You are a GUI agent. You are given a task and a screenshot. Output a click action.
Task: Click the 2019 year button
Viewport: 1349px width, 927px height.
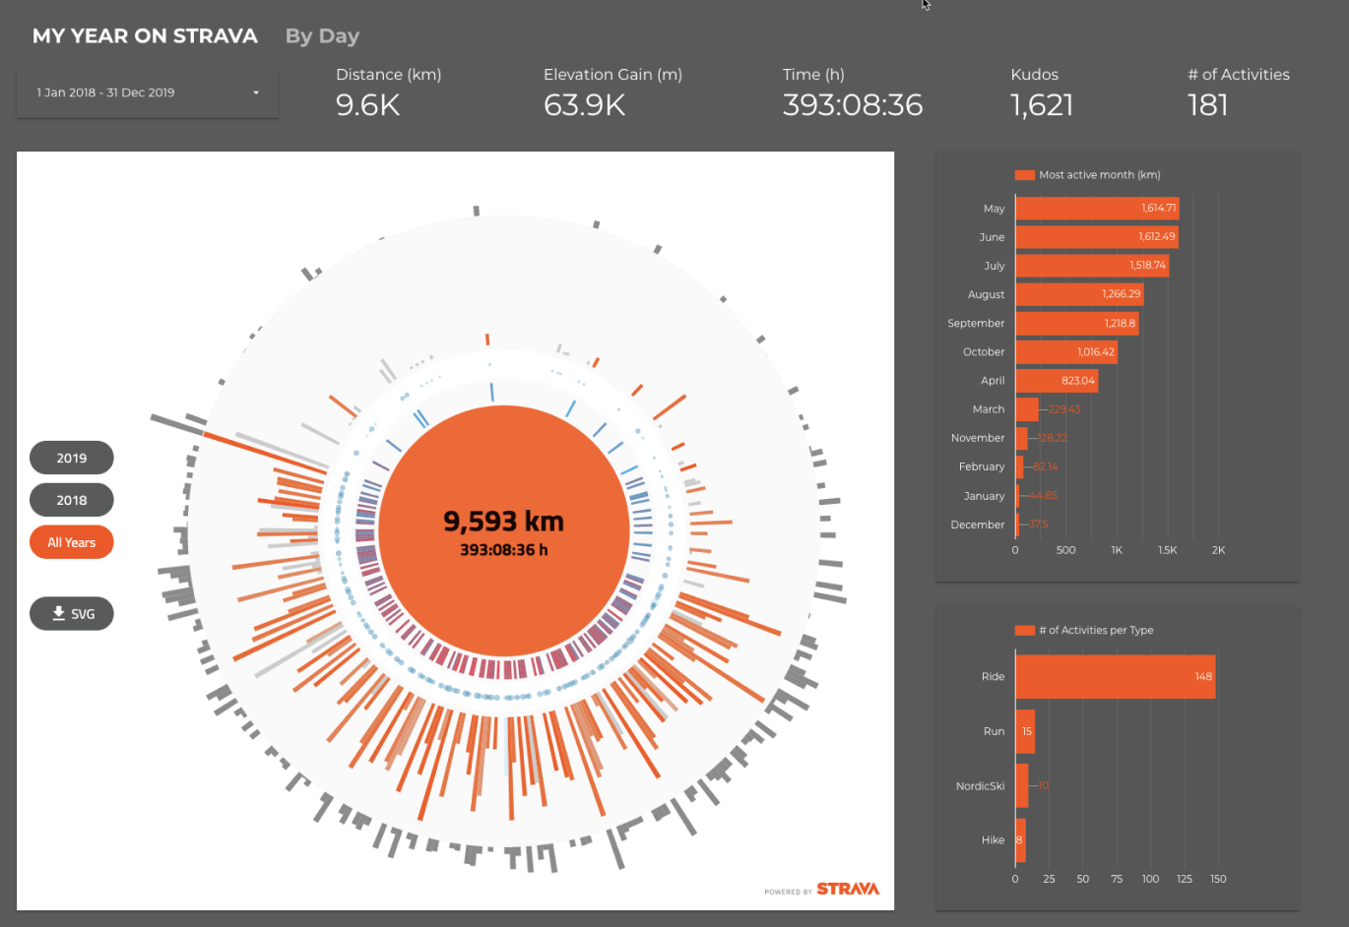click(72, 458)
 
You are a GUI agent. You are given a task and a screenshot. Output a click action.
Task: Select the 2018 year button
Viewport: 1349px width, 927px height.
click(72, 500)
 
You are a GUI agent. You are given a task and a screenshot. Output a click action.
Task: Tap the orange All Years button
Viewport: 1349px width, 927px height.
click(72, 542)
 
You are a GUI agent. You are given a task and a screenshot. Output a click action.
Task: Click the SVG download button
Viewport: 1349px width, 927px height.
click(72, 614)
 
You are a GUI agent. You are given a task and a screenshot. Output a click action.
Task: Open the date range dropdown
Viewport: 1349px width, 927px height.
click(148, 93)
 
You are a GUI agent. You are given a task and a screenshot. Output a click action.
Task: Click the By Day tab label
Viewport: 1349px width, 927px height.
click(322, 36)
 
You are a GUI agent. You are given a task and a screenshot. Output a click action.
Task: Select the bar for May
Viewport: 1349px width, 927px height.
click(1096, 209)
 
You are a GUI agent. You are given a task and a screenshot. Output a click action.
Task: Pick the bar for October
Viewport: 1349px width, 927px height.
click(1065, 351)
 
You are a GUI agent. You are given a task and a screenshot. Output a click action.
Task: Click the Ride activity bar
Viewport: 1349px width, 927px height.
click(1115, 677)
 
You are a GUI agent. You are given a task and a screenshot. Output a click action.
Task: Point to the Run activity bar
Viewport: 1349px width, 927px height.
click(1025, 731)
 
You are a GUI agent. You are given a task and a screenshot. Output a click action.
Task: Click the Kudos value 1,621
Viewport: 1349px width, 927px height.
click(1041, 105)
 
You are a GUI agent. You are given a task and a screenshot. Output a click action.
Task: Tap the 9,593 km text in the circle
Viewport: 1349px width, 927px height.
click(503, 521)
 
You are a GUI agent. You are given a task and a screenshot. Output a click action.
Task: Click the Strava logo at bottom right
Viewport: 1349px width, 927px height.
click(847, 889)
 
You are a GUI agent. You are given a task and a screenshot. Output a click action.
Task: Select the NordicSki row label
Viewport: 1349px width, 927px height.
click(980, 786)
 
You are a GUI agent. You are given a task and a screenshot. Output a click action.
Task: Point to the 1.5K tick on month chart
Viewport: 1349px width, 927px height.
click(1167, 550)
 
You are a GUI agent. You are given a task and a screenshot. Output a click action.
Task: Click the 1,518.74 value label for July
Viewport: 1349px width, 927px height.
click(1147, 266)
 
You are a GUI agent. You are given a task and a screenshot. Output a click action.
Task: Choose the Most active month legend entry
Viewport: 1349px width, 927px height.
click(1088, 175)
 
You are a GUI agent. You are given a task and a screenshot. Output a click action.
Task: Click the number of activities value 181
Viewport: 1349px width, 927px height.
click(1207, 105)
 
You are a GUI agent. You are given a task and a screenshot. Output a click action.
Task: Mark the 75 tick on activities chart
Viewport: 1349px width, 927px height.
click(1117, 879)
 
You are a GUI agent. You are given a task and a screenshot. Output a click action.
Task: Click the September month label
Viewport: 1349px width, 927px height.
click(976, 323)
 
